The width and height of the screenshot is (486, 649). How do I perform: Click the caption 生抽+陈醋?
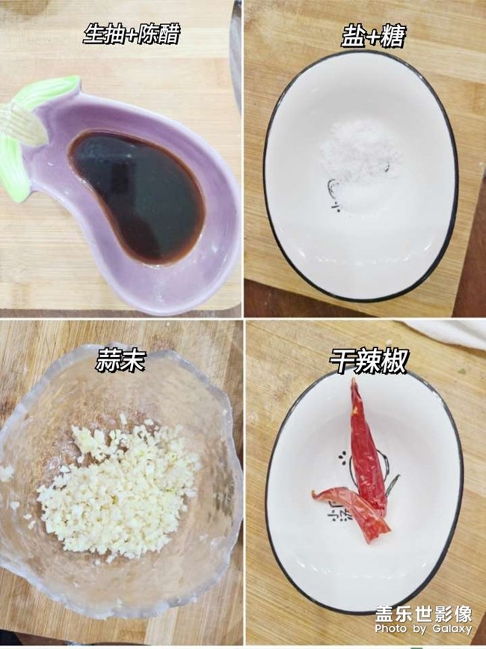(132, 34)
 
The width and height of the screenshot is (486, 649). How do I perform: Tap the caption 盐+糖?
(373, 36)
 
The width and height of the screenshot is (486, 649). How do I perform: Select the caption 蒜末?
(120, 361)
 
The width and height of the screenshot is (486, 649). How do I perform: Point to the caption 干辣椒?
(369, 361)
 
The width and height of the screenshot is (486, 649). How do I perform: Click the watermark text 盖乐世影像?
(424, 615)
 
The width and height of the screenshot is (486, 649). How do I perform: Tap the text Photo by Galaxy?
(423, 630)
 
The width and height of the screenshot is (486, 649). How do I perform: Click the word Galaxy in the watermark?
(452, 630)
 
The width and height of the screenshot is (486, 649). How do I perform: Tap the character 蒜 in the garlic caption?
(108, 361)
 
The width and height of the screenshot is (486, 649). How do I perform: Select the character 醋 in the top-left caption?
(167, 34)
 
